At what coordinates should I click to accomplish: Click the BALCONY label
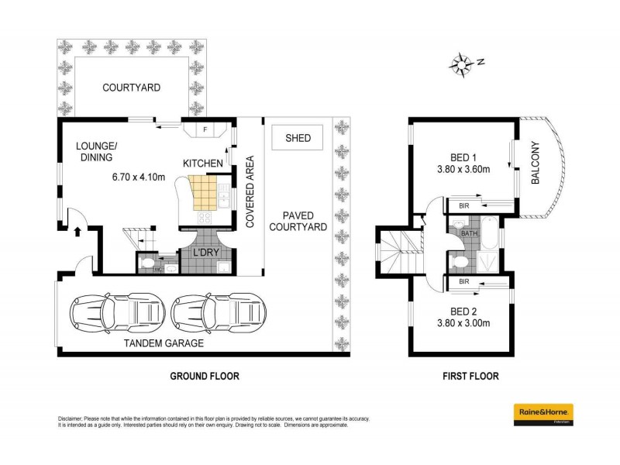[535, 166]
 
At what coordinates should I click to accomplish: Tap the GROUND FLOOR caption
[205, 377]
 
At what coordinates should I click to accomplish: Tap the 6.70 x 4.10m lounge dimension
[137, 177]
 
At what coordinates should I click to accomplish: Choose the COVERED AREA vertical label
[250, 194]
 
